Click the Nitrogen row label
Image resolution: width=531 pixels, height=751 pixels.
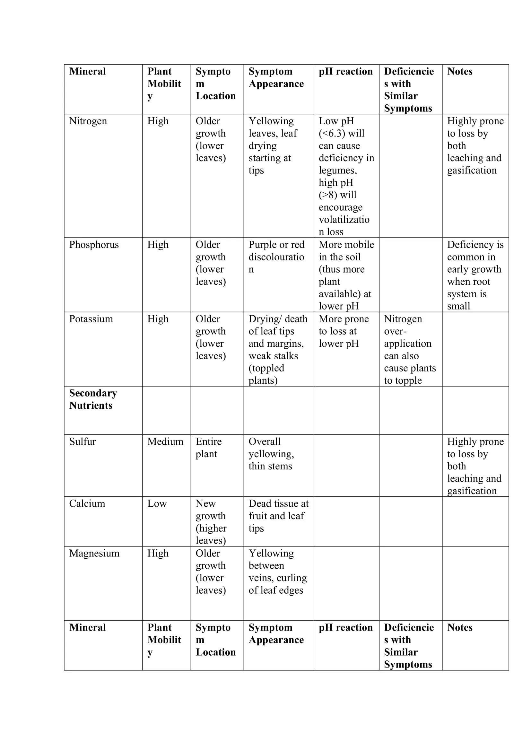tap(88, 121)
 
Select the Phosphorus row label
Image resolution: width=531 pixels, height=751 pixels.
tap(94, 245)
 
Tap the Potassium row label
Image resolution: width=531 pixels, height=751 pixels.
tap(91, 319)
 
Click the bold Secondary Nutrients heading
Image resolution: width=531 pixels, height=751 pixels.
tap(93, 399)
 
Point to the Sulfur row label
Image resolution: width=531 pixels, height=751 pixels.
tap(83, 441)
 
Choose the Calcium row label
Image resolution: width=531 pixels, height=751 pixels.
tap(87, 503)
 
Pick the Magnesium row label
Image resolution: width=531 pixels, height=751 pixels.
tap(94, 553)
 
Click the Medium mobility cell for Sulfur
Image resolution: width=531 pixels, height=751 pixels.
tap(165, 441)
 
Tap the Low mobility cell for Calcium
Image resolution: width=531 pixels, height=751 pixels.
tap(157, 503)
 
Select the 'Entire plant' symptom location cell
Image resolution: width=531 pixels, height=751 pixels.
tap(208, 448)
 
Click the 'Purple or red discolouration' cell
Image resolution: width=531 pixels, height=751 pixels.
tap(276, 257)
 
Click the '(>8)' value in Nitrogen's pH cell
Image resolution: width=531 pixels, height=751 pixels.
tap(328, 195)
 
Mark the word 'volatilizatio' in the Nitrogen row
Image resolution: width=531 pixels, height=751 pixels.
tap(344, 220)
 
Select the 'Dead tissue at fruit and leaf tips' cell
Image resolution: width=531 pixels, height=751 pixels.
tap(278, 516)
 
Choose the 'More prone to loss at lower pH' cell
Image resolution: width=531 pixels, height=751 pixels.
tap(344, 331)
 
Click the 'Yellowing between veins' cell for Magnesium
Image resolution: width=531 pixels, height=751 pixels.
tap(278, 572)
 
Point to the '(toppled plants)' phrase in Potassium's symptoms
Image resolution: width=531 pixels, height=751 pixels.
tap(266, 374)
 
